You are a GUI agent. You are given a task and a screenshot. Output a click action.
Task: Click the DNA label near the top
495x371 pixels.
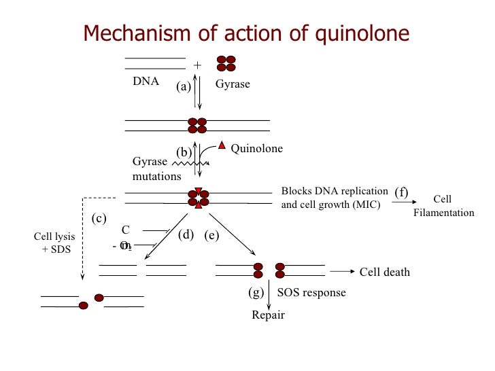pyautogui.click(x=146, y=82)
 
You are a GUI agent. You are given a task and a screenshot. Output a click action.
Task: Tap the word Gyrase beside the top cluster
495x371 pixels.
pyautogui.click(x=233, y=84)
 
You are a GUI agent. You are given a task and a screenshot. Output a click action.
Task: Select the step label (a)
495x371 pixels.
pyautogui.click(x=184, y=86)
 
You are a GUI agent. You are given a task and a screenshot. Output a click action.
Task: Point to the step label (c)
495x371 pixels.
pyautogui.click(x=99, y=218)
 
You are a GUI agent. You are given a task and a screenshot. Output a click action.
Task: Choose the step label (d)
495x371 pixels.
pyautogui.click(x=186, y=235)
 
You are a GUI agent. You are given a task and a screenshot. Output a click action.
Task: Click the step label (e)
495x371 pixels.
pyautogui.click(x=211, y=235)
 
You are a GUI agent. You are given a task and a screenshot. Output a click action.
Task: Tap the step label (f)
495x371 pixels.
pyautogui.click(x=401, y=192)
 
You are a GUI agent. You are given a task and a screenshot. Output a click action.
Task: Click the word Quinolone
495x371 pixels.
pyautogui.click(x=256, y=149)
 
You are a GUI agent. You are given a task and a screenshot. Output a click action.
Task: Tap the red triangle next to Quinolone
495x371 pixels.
pyautogui.click(x=221, y=146)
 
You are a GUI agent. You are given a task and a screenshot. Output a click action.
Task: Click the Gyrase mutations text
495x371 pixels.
pyautogui.click(x=156, y=169)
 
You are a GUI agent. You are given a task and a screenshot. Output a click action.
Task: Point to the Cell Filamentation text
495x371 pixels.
pyautogui.click(x=443, y=206)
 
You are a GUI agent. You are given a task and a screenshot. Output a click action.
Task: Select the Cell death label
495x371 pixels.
pyautogui.click(x=384, y=272)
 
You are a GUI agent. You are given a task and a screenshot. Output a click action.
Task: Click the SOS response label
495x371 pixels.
pyautogui.click(x=311, y=293)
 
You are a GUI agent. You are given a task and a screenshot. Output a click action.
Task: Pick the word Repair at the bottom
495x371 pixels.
pyautogui.click(x=268, y=315)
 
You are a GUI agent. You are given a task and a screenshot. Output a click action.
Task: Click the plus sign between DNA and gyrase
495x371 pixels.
pyautogui.click(x=198, y=65)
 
